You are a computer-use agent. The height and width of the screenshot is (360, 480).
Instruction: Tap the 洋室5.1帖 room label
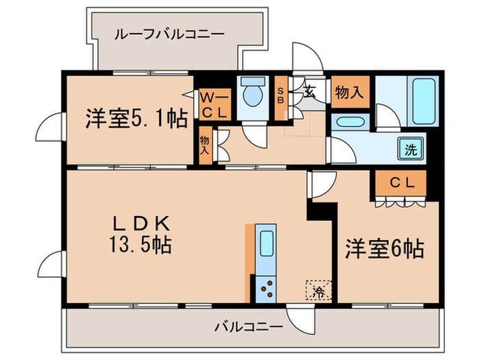click(136, 119)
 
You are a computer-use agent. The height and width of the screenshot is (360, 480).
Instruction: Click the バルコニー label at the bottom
click(248, 327)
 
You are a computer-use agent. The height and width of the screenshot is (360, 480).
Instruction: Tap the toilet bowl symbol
click(253, 94)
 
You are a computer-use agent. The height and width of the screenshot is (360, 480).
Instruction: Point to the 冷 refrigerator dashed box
click(318, 290)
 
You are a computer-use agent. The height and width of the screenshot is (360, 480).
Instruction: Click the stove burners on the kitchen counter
click(265, 288)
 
